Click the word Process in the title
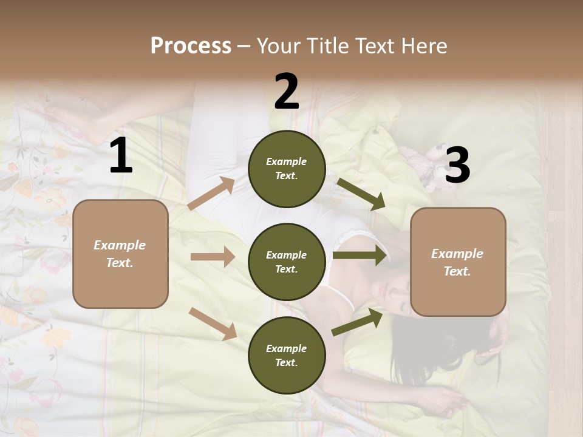tap(191, 46)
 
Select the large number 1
tap(121, 156)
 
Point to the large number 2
tap(287, 92)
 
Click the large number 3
tap(457, 166)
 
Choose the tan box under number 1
tap(120, 254)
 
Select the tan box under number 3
tap(458, 262)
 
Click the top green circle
tap(287, 169)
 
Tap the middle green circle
tap(287, 262)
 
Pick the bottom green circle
tap(287, 355)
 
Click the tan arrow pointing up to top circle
tap(211, 194)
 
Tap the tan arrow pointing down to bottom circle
tap(213, 323)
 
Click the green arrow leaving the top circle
tap(361, 194)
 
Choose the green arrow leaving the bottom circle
tap(357, 322)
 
